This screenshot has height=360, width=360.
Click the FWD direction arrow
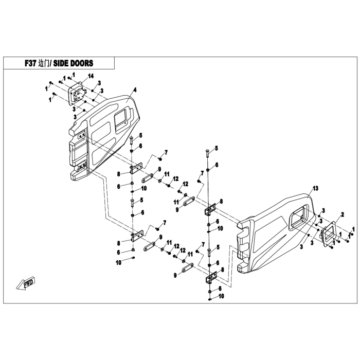26,283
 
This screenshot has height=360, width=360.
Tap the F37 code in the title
30,63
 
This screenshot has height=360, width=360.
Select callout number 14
91,76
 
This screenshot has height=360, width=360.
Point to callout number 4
135,90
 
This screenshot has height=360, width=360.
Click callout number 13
315,188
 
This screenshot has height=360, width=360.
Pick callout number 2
343,214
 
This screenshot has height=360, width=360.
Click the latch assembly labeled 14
77,94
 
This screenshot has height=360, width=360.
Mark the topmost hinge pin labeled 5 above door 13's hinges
207,153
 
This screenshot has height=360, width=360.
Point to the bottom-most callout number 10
221,296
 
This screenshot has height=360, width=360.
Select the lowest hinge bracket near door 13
211,278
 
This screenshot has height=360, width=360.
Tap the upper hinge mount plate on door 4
81,135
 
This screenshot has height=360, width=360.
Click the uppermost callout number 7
166,152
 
